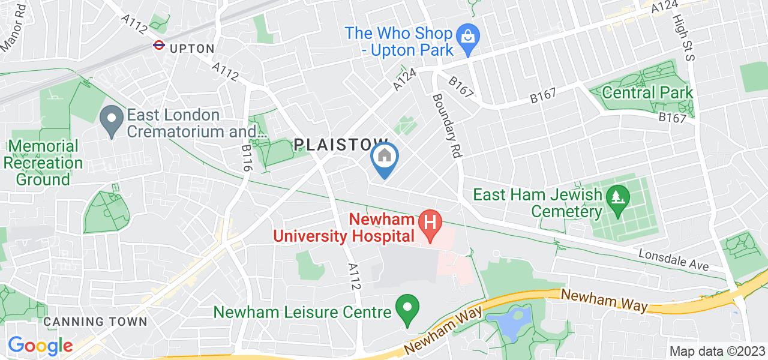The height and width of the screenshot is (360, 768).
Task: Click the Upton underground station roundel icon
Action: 159,44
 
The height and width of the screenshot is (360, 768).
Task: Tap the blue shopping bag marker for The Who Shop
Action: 466,38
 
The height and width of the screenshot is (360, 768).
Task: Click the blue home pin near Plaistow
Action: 384,158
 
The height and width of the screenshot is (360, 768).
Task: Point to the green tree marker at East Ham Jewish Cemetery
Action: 616,196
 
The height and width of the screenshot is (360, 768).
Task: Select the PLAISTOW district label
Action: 341,144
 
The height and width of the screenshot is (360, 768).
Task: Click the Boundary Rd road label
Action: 446,125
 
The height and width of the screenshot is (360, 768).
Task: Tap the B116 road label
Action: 247,158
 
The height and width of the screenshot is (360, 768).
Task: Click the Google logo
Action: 40,345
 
